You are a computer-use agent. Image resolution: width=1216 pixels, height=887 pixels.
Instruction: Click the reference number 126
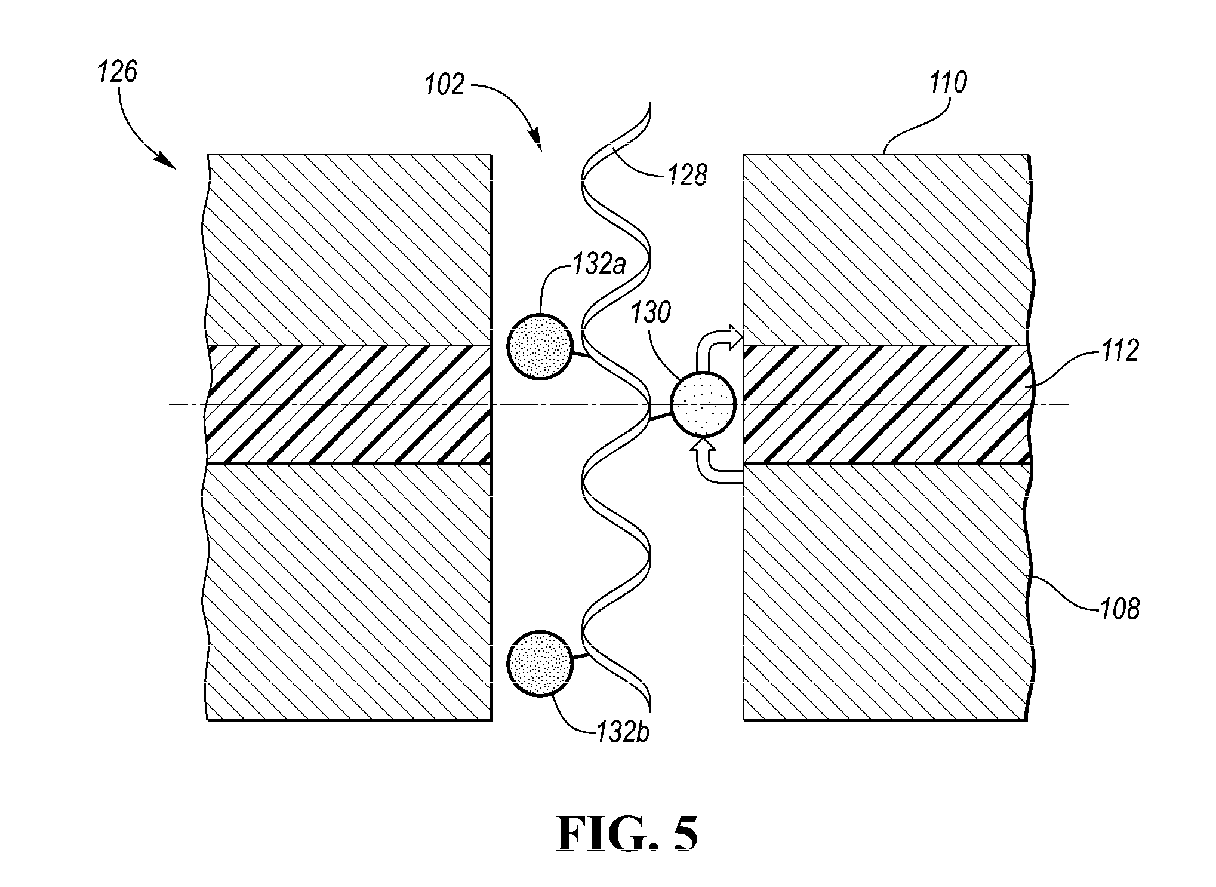pos(118,72)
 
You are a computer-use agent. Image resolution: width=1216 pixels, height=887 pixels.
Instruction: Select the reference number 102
pos(445,84)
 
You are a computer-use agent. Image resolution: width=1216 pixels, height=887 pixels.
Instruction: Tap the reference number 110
pos(947,82)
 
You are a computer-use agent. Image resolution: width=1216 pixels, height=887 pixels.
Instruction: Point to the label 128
pos(688,175)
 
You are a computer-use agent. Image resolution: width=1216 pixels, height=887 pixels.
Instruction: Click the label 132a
pos(599,263)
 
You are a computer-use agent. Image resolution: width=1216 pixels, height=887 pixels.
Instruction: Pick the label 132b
pos(622,732)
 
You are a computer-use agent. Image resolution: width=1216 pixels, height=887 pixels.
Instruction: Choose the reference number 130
pos(651,312)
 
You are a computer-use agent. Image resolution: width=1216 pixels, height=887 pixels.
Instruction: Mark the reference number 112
pos(1119,351)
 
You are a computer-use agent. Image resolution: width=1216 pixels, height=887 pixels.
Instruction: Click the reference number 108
pos(1119,609)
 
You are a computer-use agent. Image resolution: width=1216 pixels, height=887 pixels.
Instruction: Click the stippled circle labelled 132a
pos(539,346)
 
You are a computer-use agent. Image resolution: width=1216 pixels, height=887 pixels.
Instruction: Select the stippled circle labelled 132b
pos(539,663)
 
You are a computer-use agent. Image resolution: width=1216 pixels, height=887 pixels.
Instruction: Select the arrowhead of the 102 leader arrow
pos(537,140)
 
